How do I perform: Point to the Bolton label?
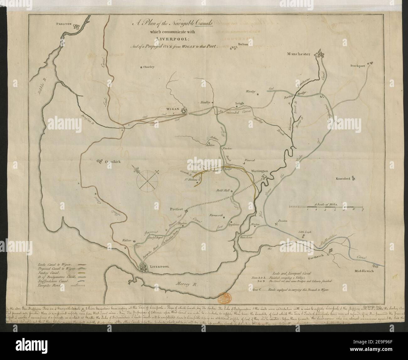243,44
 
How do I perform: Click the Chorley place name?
149,67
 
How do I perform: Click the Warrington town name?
259,171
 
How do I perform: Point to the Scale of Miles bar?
326,206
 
